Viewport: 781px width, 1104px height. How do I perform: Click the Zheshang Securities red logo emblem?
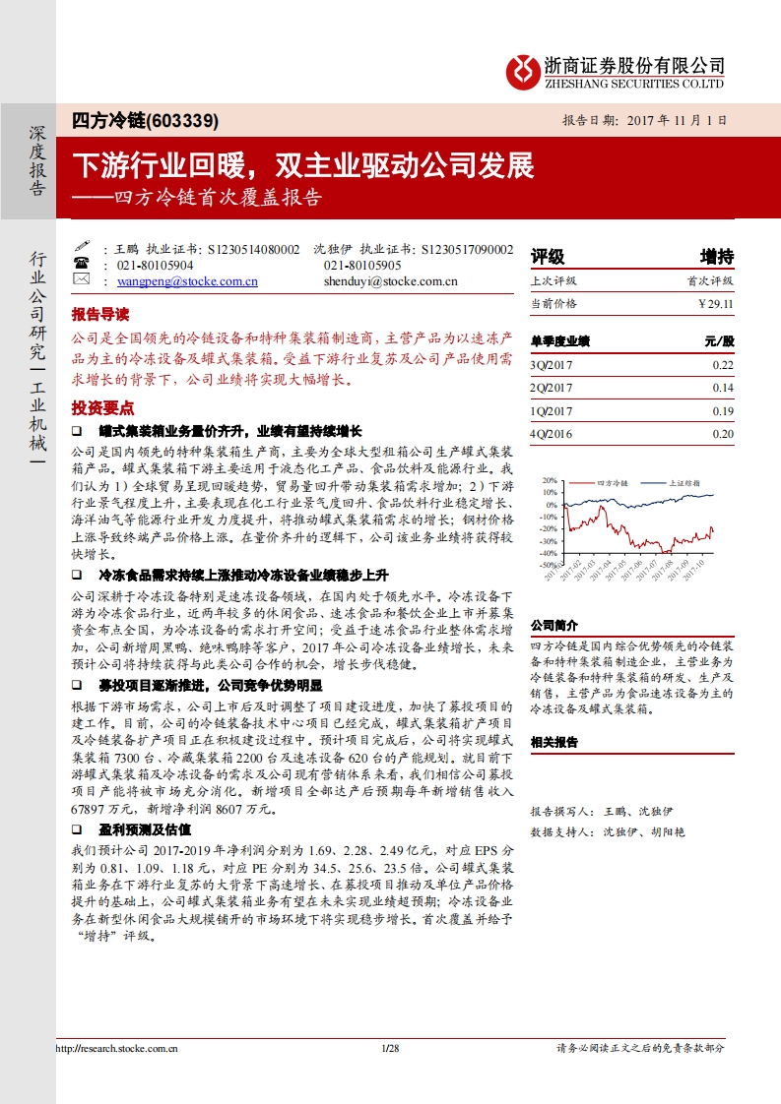(522, 68)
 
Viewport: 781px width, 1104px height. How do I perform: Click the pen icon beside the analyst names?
(82, 249)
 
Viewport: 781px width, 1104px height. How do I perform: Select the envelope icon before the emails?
(82, 280)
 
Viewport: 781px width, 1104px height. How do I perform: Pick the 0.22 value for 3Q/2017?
(723, 366)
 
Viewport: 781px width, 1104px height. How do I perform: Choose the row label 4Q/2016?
(552, 434)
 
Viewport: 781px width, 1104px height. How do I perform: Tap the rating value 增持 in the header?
(716, 257)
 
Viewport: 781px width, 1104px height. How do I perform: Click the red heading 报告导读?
(99, 315)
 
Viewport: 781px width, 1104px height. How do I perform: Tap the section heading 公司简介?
(554, 625)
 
